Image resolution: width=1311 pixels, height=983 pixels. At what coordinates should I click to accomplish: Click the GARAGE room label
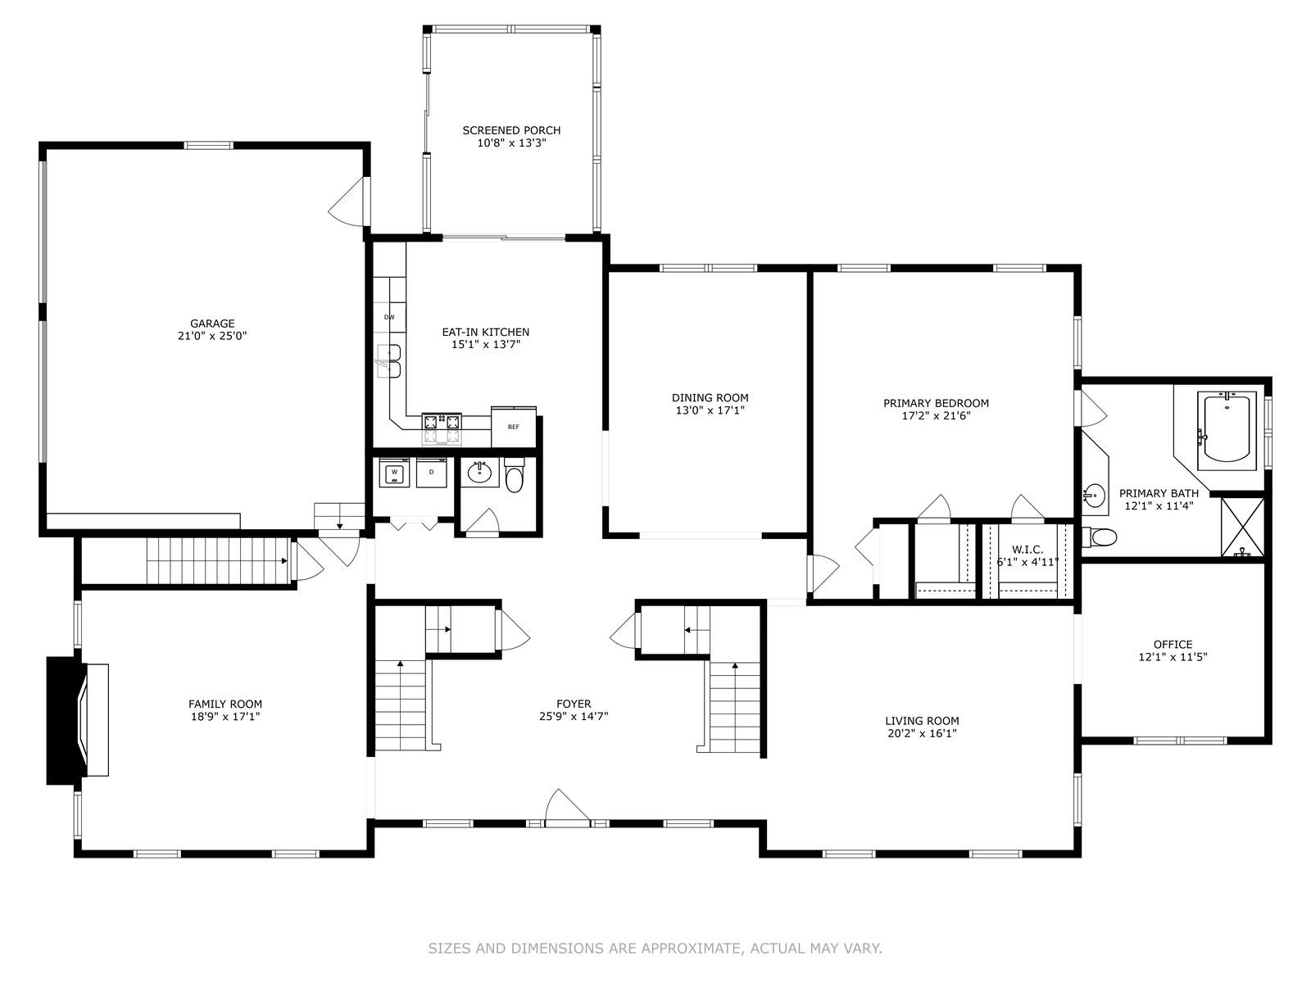212,324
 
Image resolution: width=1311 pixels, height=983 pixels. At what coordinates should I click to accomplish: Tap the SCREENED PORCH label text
511,130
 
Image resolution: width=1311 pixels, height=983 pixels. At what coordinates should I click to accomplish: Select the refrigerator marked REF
514,426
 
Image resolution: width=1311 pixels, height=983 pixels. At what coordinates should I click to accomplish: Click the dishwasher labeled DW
389,317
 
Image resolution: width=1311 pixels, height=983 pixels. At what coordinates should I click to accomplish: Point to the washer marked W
394,473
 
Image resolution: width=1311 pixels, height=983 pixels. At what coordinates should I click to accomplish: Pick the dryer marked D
431,473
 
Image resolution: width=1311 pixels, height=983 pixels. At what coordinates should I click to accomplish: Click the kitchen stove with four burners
442,428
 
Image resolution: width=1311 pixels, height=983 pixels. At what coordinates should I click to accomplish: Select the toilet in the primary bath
1100,537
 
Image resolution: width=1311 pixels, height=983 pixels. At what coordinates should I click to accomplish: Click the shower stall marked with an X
1242,528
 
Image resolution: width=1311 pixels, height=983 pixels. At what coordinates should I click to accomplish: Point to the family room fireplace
78,719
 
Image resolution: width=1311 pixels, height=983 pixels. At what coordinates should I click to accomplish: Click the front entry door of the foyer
567,808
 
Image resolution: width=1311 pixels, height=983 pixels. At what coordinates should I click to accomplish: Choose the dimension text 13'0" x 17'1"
710,410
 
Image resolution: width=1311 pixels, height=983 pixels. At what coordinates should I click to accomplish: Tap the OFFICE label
1173,645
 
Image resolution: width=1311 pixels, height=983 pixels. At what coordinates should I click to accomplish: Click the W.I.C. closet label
1027,550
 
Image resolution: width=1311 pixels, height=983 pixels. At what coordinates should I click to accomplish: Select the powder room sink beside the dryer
479,473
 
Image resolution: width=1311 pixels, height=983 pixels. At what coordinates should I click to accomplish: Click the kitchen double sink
389,361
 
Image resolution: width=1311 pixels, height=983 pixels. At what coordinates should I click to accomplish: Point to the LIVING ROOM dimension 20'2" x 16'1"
922,733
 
